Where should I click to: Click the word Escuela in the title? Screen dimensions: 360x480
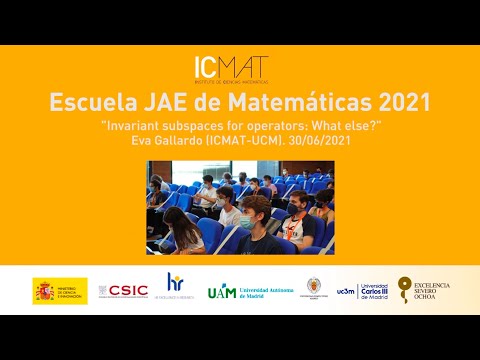coord(93,104)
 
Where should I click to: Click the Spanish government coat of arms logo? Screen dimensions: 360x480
coord(59,290)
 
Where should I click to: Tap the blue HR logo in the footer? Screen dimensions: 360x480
coord(174,286)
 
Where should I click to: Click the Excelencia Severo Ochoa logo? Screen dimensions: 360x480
coord(424,290)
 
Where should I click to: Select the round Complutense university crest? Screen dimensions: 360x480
coord(314,288)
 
